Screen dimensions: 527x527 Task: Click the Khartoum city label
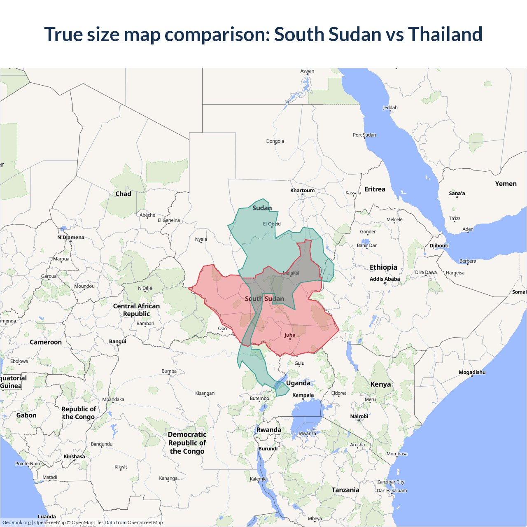coord(302,191)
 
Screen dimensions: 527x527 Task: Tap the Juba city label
coord(290,335)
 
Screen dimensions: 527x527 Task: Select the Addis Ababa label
coord(385,279)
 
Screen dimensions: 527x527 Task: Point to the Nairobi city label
coord(359,417)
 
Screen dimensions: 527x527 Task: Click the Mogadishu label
coord(472,373)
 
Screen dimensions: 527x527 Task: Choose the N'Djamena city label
coord(71,238)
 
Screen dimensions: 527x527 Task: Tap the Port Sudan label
coord(364,135)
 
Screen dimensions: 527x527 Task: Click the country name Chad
coord(123,194)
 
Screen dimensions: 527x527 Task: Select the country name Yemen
coord(506,184)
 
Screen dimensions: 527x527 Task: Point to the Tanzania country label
coord(345,490)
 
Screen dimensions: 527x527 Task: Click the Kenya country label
coord(380,385)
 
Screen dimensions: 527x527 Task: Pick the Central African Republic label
coord(136,310)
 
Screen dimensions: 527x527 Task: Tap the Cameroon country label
coord(46,342)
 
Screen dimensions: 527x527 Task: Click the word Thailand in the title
coord(445,34)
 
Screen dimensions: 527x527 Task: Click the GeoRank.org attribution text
coord(16,522)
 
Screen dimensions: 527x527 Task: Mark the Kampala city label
coord(303,395)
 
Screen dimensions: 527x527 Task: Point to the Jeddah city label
coord(390,108)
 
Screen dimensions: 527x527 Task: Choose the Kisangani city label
coord(205,394)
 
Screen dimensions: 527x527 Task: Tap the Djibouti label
coord(439,246)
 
